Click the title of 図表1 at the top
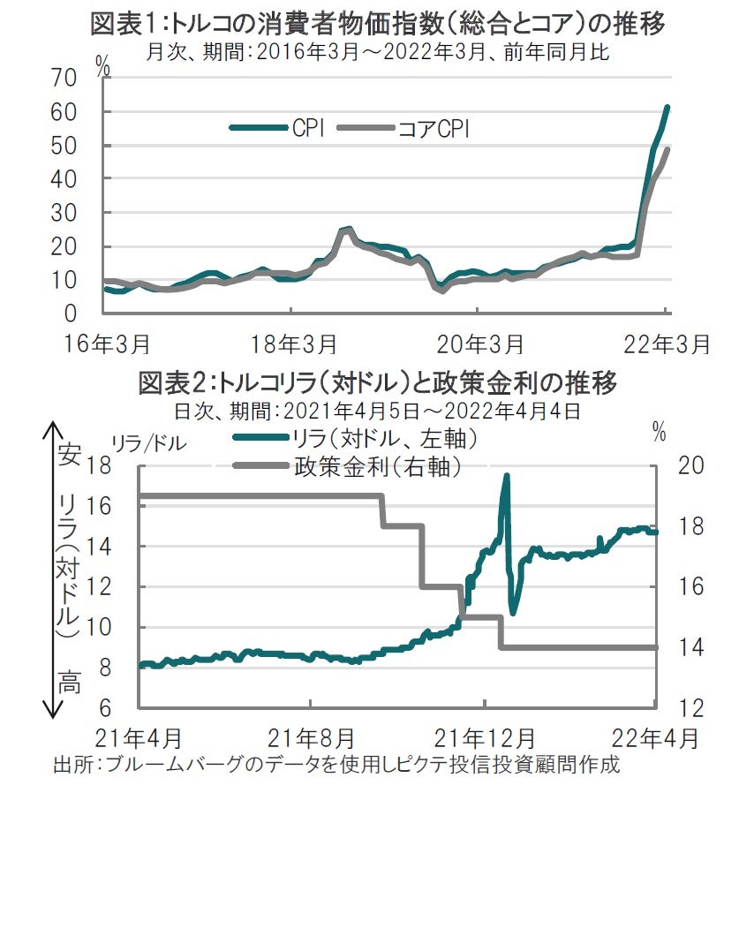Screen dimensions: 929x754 pos(378,24)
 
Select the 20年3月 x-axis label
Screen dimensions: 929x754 pos(477,343)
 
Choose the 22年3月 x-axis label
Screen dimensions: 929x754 pos(664,343)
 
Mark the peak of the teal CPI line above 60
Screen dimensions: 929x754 pos(667,108)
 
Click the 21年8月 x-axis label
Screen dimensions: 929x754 pos(311,736)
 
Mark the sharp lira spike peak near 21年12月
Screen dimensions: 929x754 pos(507,475)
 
